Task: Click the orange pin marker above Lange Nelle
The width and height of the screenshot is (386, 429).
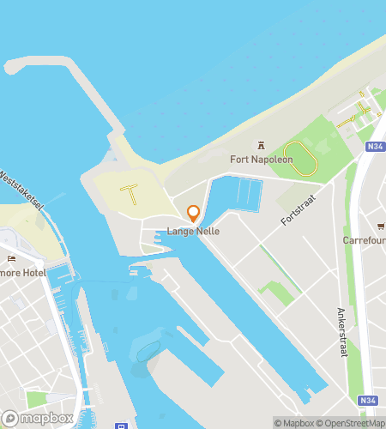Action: (194, 213)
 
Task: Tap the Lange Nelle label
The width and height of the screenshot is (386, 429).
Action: (194, 231)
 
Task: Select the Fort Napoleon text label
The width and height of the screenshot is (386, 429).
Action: (262, 160)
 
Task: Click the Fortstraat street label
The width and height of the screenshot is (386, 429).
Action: (297, 208)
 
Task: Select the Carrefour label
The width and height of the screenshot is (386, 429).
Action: (365, 240)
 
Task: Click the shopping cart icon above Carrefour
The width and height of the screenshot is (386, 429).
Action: (379, 227)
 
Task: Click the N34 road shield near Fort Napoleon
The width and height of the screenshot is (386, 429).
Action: (374, 147)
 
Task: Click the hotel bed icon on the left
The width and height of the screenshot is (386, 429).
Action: (10, 258)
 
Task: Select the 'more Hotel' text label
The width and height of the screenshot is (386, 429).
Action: (22, 272)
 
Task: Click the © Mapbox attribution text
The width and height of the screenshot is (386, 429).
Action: (293, 422)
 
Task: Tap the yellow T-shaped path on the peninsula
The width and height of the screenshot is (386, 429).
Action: (132, 192)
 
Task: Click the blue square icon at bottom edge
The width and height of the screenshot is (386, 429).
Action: (124, 425)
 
